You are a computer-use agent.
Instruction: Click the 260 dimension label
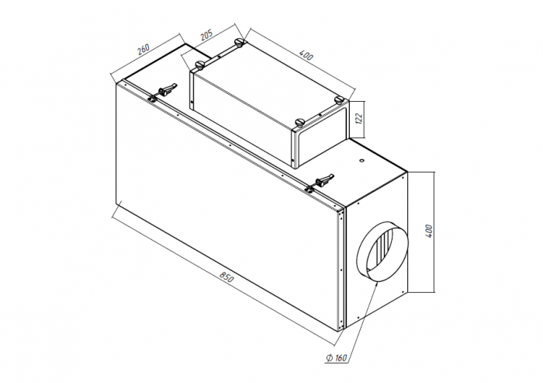coord(143,49)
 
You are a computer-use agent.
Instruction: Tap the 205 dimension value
coord(206,35)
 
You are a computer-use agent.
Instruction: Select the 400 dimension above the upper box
coord(306,55)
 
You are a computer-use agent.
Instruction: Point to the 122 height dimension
coord(358,119)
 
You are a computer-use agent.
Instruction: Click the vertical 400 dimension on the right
coord(429,231)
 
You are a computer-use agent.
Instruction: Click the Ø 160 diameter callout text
coord(336,357)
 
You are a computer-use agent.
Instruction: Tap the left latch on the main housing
coord(164,92)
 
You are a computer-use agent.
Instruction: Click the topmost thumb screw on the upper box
coord(239,42)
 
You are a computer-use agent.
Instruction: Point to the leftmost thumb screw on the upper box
coord(200,64)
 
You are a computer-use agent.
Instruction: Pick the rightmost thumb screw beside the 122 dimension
coord(339,100)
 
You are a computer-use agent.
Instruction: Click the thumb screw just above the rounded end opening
coord(299,122)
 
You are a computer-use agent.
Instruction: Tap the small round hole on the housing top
coord(362,161)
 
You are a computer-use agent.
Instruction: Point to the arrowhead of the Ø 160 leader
coord(376,284)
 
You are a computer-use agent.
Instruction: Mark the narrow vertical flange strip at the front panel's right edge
coord(342,269)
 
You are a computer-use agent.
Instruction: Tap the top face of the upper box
coord(266,83)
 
